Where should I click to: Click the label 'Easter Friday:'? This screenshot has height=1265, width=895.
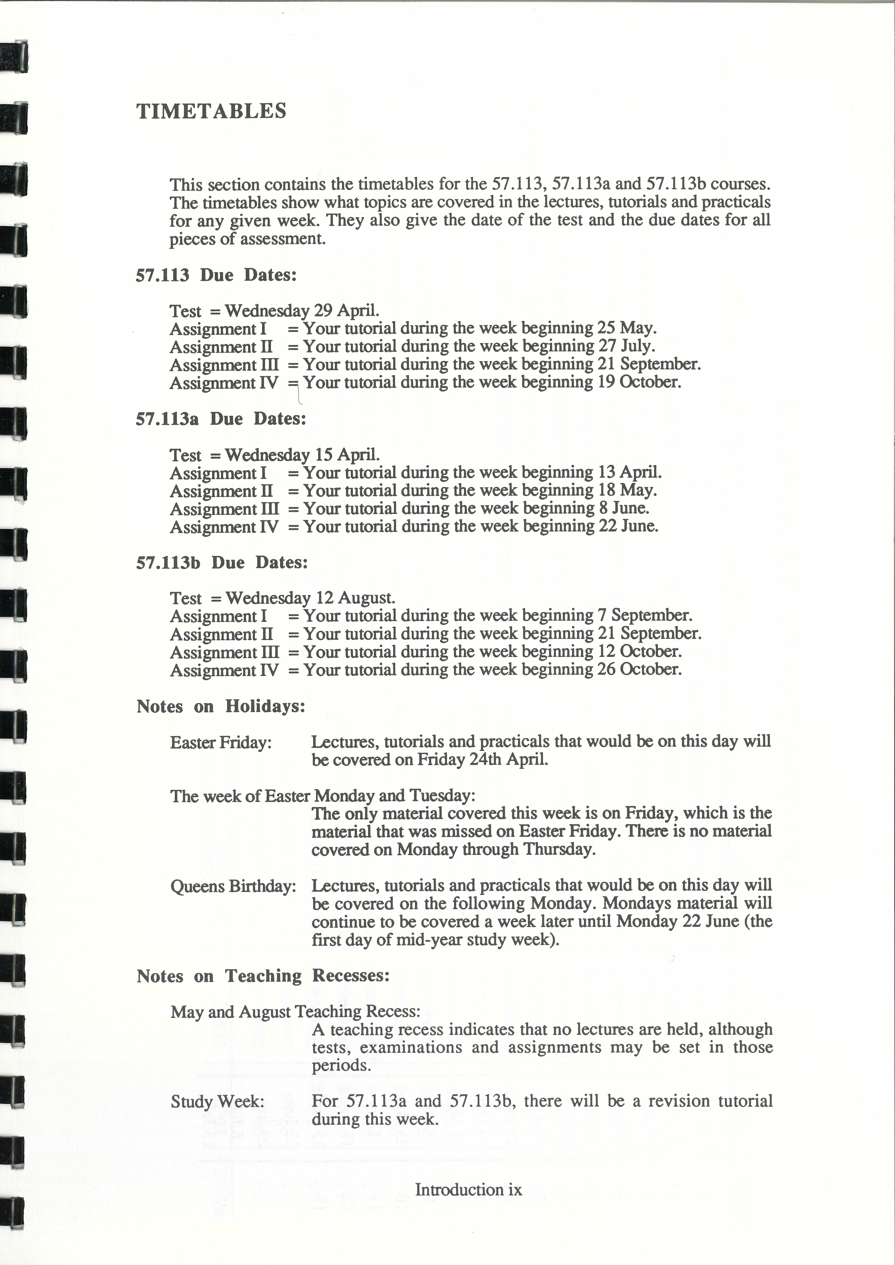pyautogui.click(x=221, y=743)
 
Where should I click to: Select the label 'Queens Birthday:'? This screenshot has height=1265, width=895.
pyautogui.click(x=233, y=887)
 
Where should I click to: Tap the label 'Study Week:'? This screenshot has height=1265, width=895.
pyautogui.click(x=217, y=1101)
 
